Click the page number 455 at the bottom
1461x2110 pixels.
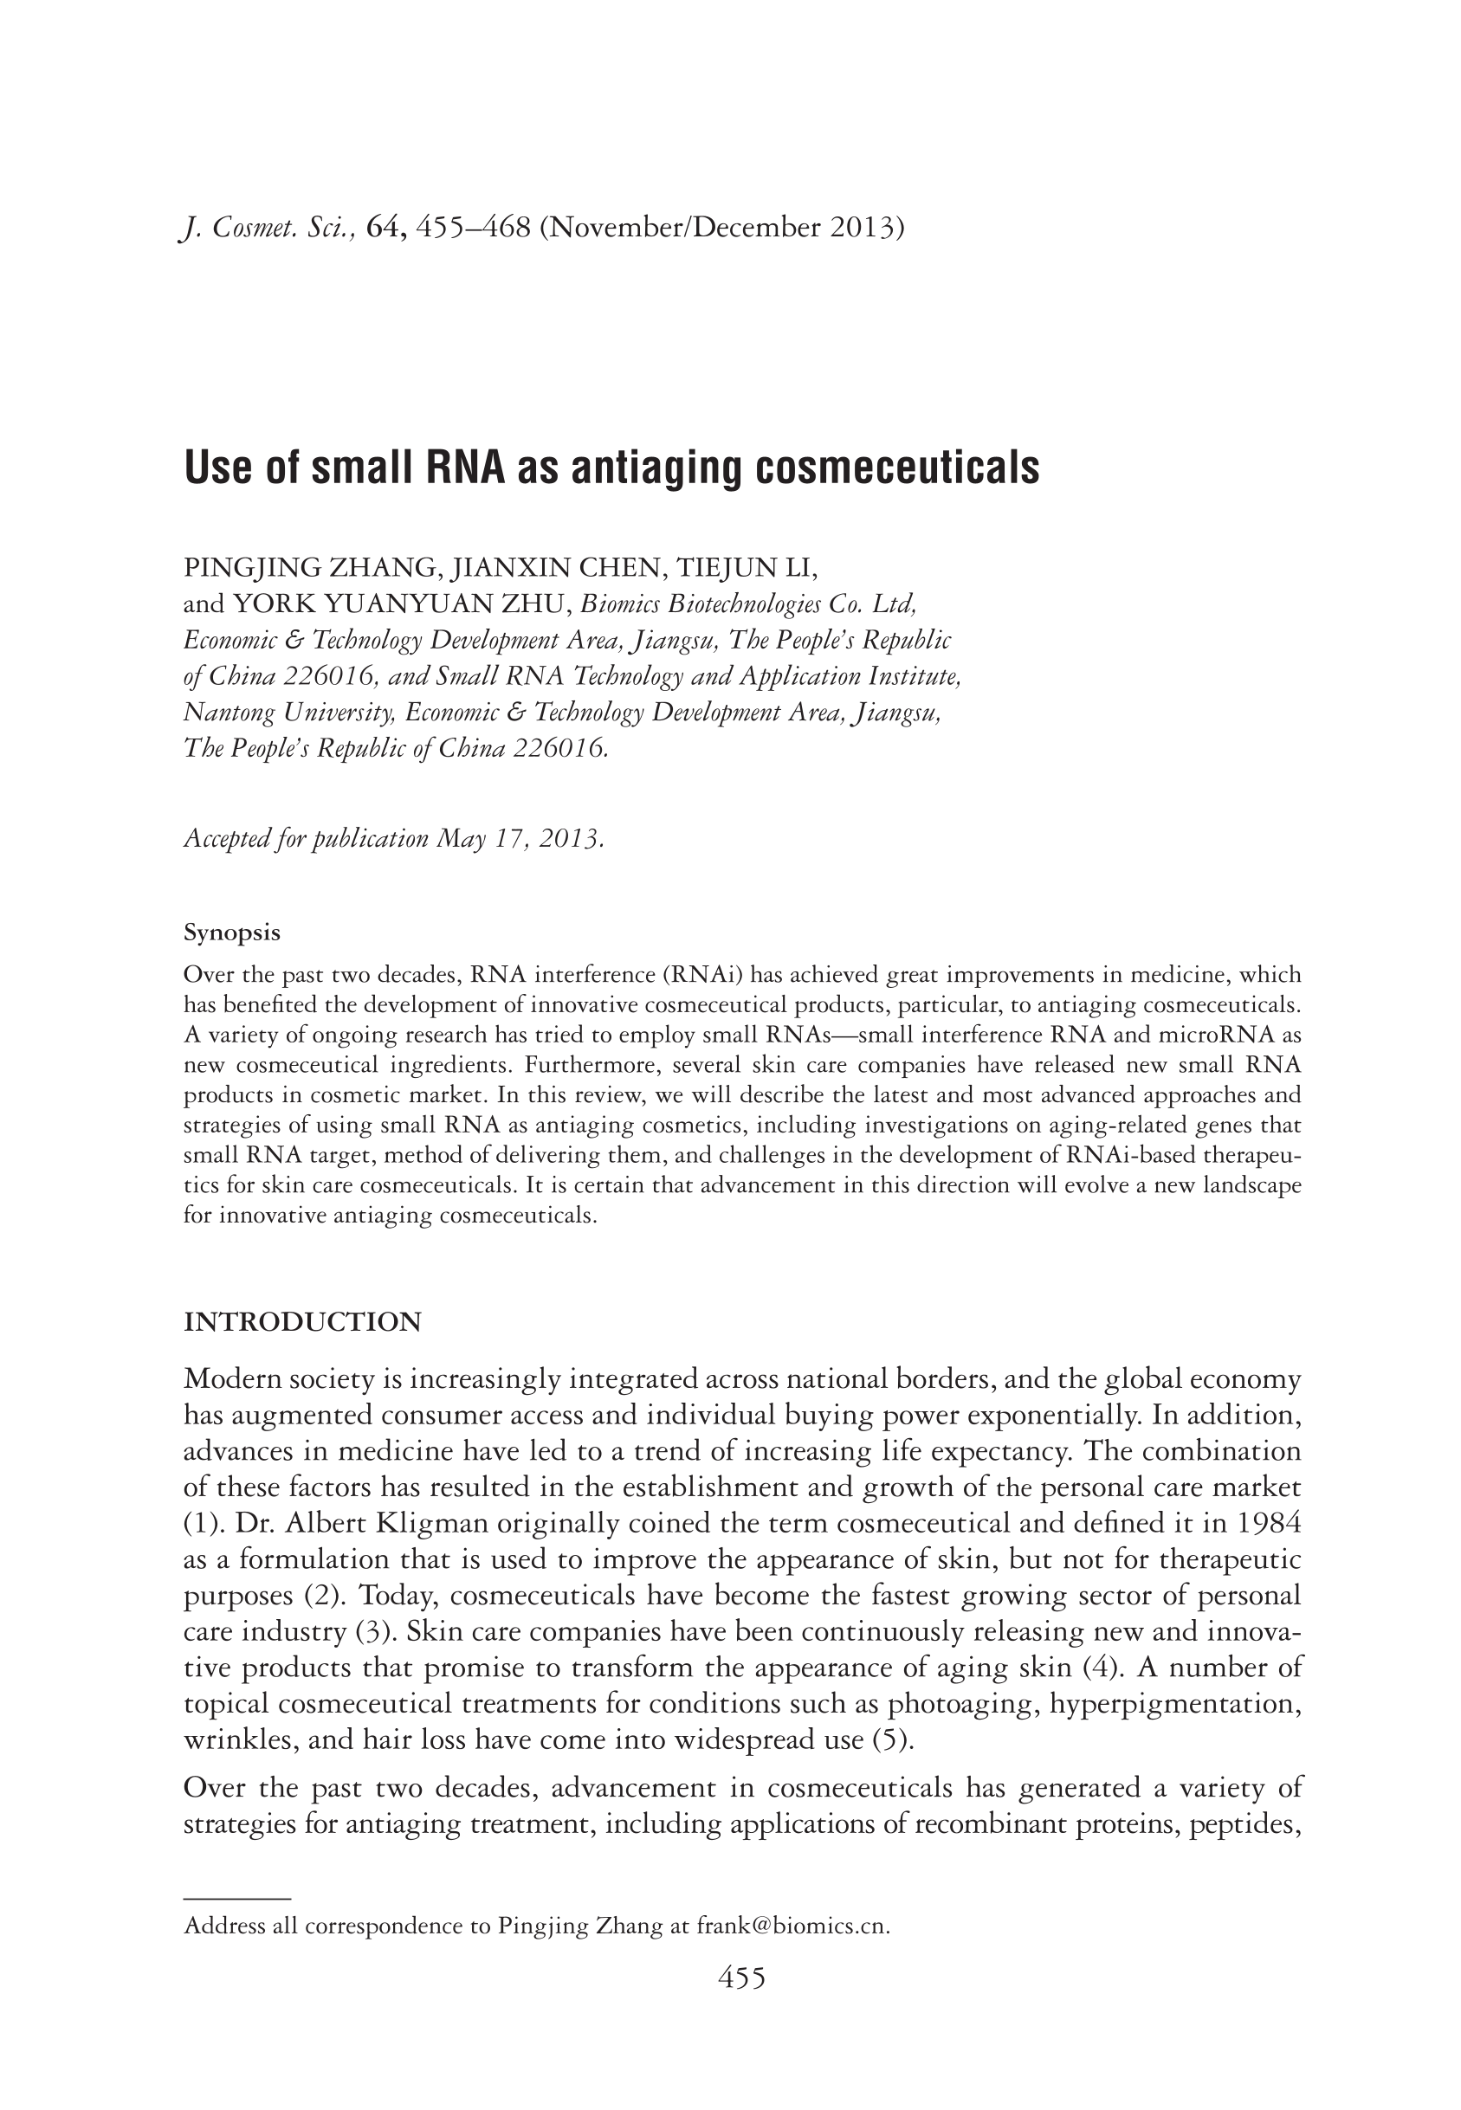coord(740,1978)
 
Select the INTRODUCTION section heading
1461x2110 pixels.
coord(303,1322)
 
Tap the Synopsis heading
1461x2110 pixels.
coord(231,932)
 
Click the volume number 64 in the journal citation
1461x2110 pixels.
coord(385,227)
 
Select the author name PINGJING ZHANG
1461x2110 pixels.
coord(309,567)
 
